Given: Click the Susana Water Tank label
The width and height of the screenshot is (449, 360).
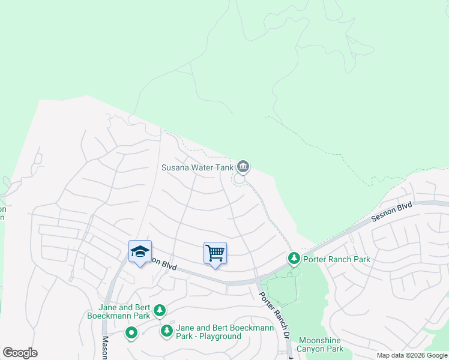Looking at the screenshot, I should point(197,167).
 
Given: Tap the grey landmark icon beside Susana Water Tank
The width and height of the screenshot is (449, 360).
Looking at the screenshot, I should point(243,166).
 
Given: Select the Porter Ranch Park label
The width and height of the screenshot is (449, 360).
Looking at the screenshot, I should point(336,259).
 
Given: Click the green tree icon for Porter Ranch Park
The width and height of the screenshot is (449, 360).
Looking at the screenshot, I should point(294,259).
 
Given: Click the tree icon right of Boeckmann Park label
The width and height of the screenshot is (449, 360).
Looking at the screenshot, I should point(159,310).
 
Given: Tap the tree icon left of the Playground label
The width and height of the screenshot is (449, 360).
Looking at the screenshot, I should point(166,331).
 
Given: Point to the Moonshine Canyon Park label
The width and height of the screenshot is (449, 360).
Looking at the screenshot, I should point(321,344).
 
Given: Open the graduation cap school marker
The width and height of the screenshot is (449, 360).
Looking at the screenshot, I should point(140,252).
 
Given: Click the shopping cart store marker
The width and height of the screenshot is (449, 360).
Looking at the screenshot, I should point(215,253).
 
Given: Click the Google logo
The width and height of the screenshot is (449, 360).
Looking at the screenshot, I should point(20,353).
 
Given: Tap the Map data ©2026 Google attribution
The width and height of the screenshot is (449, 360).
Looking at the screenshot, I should point(411,355).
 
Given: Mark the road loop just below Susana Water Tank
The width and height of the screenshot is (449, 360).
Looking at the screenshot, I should point(239,179).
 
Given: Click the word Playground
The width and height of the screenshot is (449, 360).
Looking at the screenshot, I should point(221,336).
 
